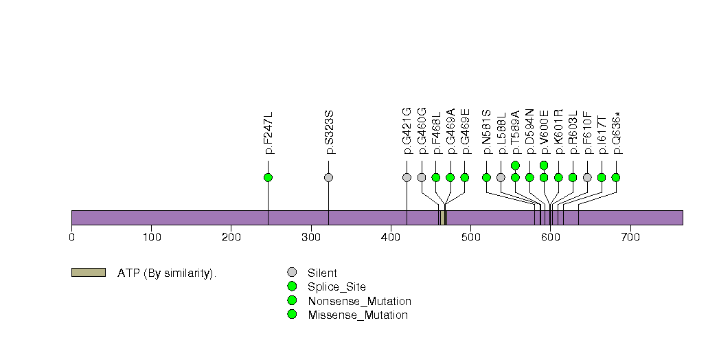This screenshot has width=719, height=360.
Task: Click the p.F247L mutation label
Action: pos(269,133)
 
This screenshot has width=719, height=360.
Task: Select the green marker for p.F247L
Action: pos(268,177)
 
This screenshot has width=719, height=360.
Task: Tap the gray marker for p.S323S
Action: pos(328,177)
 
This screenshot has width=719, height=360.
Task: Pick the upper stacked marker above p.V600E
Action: pos(544,165)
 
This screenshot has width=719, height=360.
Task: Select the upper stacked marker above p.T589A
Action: pos(515,165)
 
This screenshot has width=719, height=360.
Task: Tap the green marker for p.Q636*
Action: pos(615,177)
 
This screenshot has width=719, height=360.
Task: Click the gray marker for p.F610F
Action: pos(587,177)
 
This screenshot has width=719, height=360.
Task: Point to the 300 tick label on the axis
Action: pos(311,237)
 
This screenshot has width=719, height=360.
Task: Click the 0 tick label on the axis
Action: pos(71,237)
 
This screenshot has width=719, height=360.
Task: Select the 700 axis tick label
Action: pos(630,237)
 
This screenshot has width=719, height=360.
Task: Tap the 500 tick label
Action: pos(470,237)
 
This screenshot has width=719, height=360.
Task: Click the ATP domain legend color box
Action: pos(88,273)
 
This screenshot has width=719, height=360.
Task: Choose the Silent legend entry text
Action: pos(322,273)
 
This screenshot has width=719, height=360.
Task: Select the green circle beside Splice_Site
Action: pos(292,286)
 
